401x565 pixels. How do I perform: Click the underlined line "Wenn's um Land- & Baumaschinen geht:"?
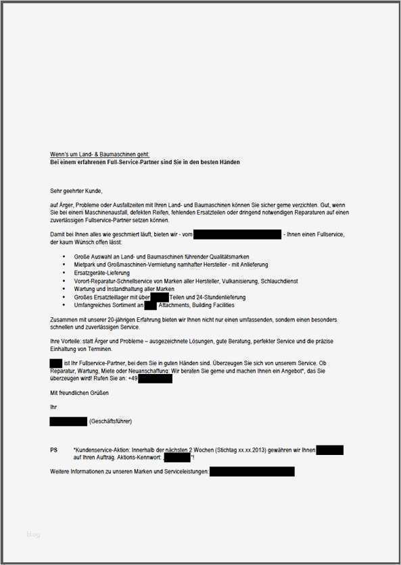95,155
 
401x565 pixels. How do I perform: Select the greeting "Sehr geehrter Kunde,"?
76,191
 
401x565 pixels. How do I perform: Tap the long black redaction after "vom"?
237,234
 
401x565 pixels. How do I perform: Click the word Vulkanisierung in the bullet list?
245,281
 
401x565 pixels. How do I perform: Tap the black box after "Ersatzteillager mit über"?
160,297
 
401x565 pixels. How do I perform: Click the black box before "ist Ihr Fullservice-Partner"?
56,363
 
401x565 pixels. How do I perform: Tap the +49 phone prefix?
133,379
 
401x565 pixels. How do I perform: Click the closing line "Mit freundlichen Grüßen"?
79,392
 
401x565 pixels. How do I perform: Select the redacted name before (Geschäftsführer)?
68,421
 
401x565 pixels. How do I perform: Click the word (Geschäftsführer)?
110,421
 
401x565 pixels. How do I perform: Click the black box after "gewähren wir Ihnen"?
329,450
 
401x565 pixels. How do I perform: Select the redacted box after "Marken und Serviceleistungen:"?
252,471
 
